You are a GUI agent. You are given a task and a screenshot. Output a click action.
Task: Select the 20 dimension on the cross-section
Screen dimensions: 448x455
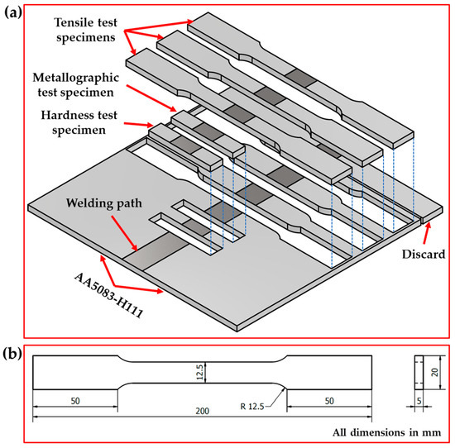point(434,373)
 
